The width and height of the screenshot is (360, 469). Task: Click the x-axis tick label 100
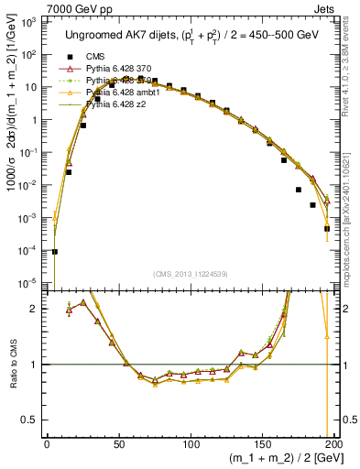click(x=191, y=444)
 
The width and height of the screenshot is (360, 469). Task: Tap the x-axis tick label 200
click(x=334, y=444)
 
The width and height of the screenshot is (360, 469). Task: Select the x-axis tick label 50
click(x=119, y=444)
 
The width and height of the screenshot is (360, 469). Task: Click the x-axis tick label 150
click(x=262, y=444)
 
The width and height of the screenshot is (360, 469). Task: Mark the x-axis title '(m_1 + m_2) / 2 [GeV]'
click(x=282, y=459)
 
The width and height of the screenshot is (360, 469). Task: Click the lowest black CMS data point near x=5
click(x=54, y=251)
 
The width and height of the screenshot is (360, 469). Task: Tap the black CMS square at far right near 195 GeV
click(x=327, y=228)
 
